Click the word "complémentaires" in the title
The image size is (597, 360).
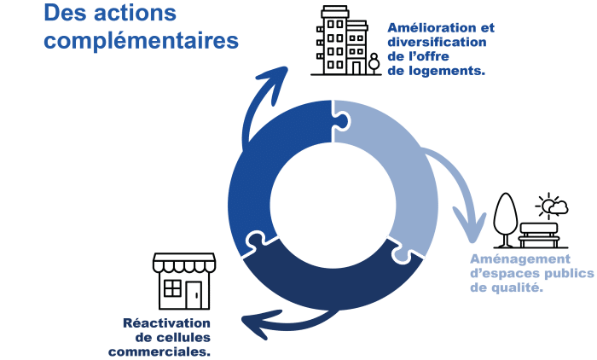tap(142, 41)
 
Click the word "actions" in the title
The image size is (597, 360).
tap(135, 13)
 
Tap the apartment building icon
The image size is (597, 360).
tap(342, 40)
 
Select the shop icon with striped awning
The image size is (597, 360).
tap(184, 282)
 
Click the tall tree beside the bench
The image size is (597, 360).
tap(506, 220)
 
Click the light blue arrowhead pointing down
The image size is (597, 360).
tap(470, 226)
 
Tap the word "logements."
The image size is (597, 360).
tap(447, 72)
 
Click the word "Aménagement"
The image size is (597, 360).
tap(520, 259)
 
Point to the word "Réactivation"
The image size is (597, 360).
tap(166, 323)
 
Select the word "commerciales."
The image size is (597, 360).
tap(159, 351)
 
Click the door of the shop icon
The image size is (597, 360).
tap(194, 295)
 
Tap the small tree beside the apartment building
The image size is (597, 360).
tap(374, 63)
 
